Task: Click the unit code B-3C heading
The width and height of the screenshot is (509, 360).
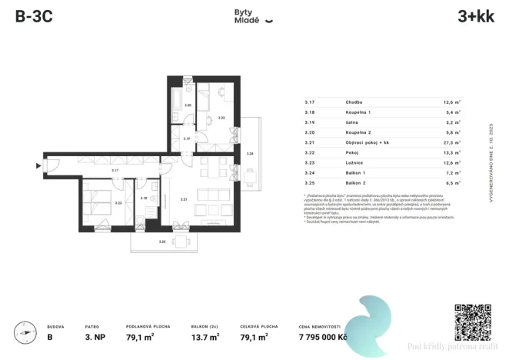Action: click(33, 17)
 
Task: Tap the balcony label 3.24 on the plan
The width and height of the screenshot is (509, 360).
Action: click(249, 155)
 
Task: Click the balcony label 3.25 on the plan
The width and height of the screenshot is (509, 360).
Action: click(161, 242)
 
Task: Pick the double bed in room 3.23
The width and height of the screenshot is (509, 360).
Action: click(99, 199)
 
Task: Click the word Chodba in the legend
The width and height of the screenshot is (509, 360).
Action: click(354, 102)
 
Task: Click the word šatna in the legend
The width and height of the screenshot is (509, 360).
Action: click(352, 122)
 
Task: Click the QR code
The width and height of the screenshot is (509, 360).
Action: click(472, 322)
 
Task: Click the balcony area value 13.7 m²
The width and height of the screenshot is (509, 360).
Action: click(205, 336)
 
